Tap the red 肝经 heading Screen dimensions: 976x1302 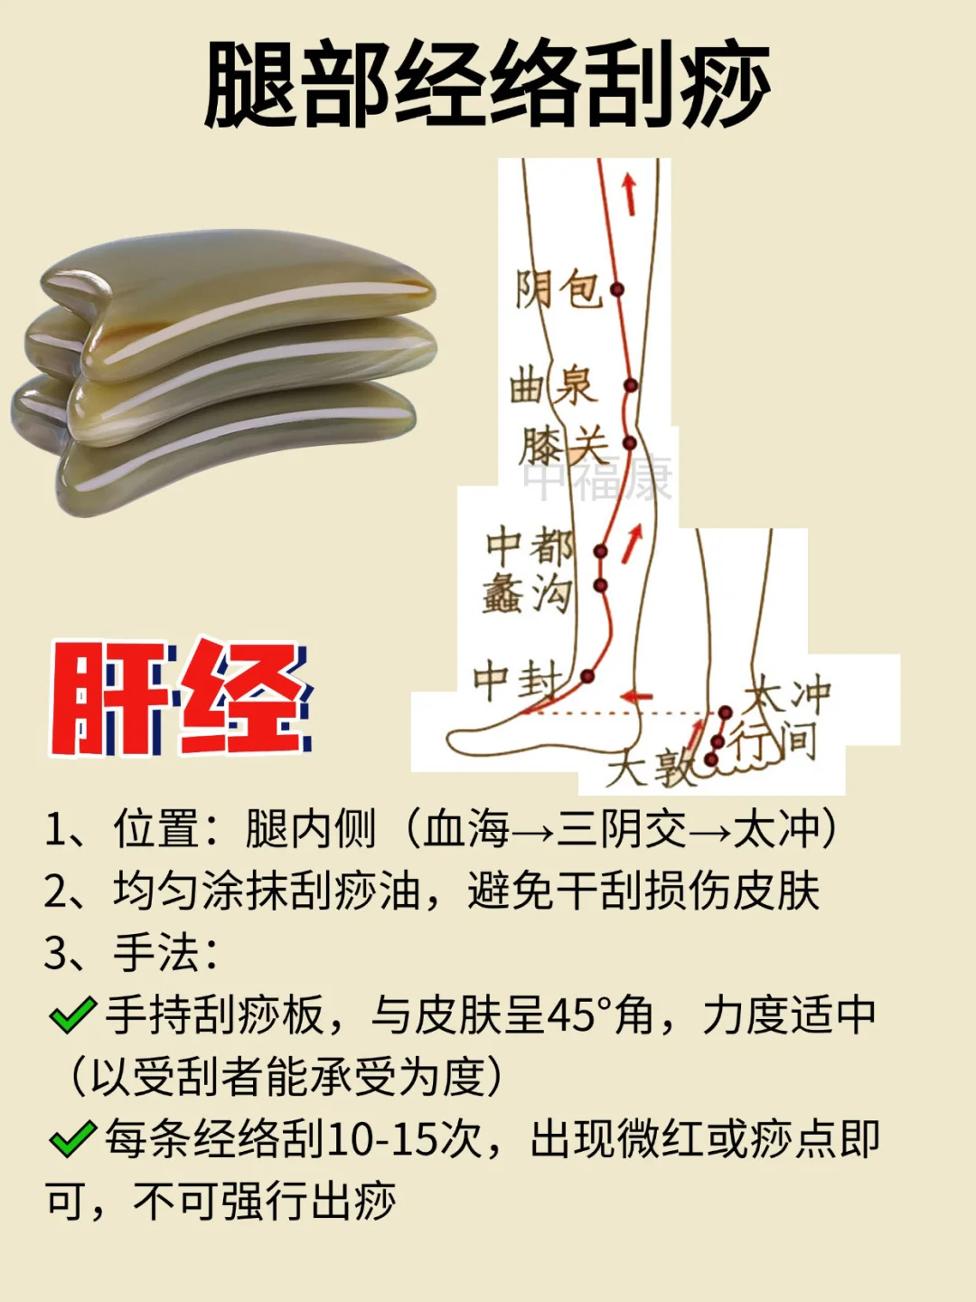181,697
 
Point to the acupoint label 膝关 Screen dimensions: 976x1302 562,446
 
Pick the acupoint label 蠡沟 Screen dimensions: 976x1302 528,595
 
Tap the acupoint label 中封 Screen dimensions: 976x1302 518,679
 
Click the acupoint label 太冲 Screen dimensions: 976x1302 787,694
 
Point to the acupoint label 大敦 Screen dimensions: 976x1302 650,769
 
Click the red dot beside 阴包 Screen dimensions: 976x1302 617,289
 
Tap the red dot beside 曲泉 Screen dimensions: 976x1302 631,385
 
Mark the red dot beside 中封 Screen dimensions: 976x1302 587,675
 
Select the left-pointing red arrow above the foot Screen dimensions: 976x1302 636,697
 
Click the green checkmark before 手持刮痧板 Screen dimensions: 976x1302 73,1015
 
